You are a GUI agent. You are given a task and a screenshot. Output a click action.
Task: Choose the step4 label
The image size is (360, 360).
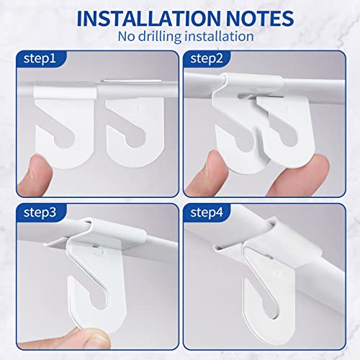point(207,214)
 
